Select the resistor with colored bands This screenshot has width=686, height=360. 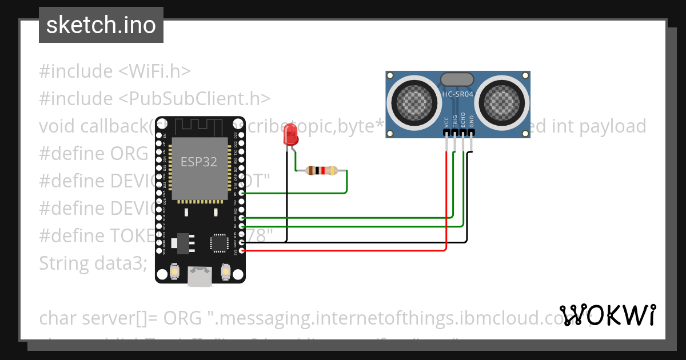pos(322,170)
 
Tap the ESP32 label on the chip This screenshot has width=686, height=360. pos(199,162)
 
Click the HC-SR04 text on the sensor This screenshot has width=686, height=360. pos(457,94)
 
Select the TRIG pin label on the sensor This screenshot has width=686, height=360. pos(455,121)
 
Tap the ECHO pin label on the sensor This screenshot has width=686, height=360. pos(463,121)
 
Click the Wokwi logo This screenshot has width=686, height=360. pos(607,315)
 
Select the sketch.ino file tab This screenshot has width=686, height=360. pos(101,25)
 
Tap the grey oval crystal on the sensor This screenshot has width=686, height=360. pos(457,79)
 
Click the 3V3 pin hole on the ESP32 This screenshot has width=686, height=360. pos(242,251)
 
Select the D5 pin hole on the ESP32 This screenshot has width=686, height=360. pos(242,194)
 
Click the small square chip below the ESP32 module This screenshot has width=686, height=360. pos(219,243)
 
